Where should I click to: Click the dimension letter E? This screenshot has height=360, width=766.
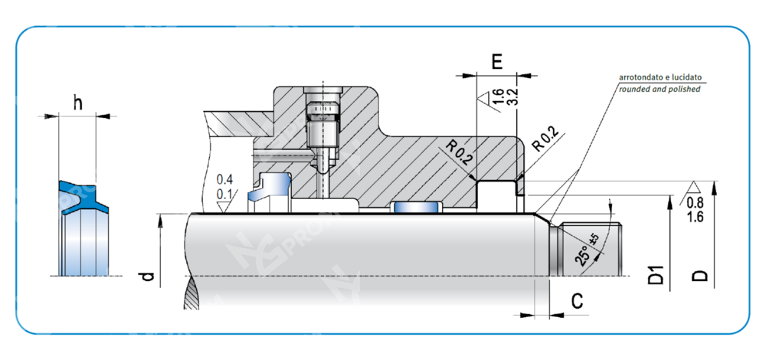click(496, 62)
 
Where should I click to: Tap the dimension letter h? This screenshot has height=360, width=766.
click(77, 103)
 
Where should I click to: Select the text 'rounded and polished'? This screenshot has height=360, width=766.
click(659, 89)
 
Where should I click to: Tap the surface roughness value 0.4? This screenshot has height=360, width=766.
click(224, 180)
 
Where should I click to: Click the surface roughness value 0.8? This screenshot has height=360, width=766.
click(696, 203)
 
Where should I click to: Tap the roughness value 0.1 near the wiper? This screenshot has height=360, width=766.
click(224, 194)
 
